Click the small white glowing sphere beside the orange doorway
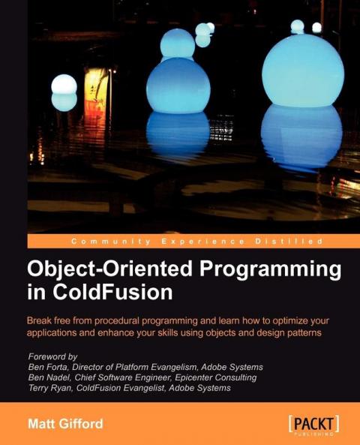pos(63,84)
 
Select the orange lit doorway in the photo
pos(96,89)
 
